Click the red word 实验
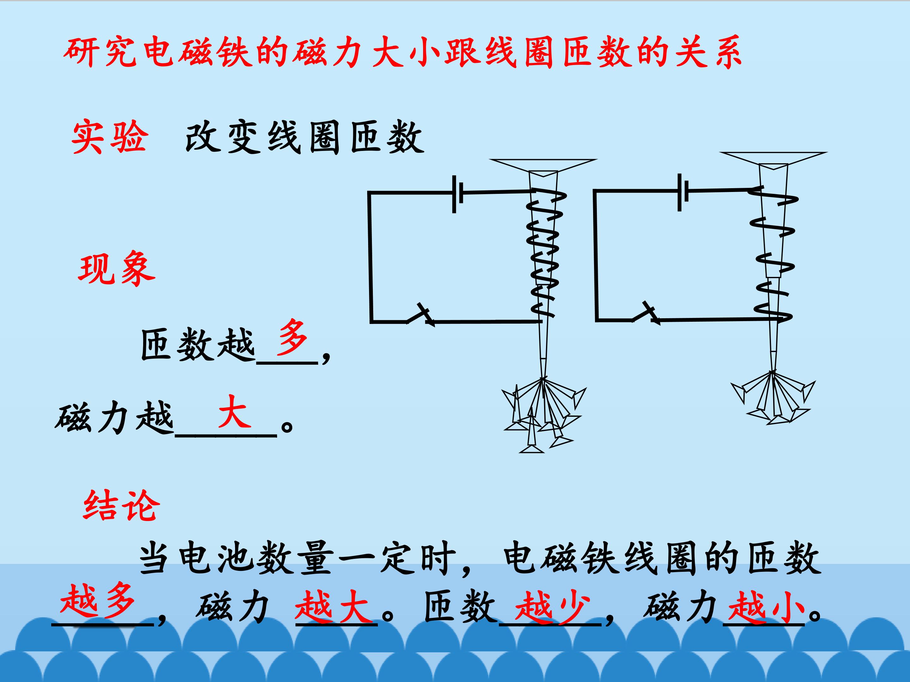109,137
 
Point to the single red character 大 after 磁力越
234,411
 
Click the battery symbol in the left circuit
458,194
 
